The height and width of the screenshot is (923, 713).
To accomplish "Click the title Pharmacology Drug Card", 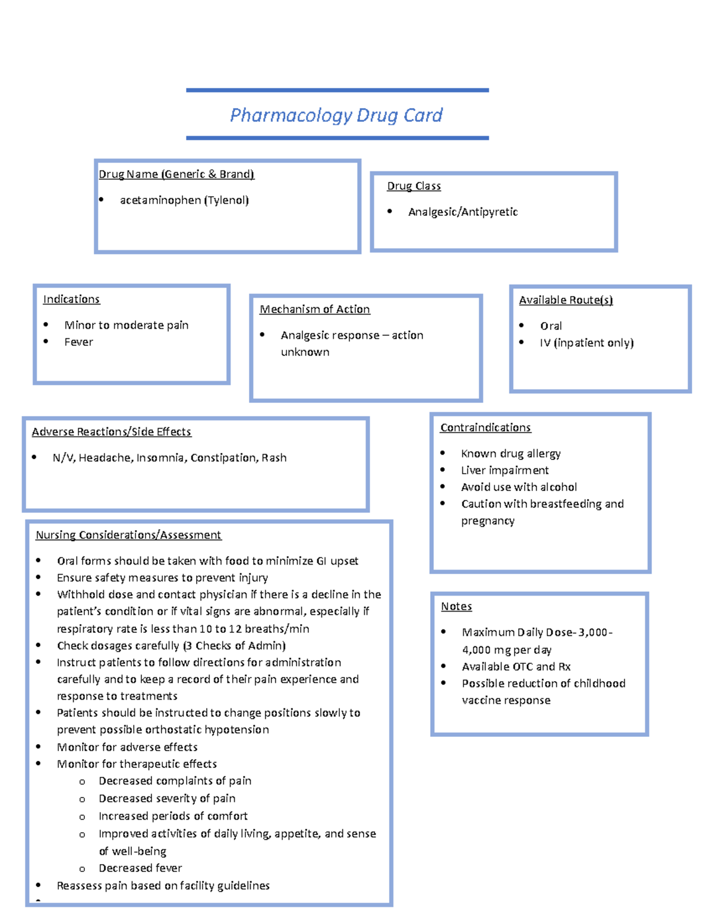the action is (x=336, y=115).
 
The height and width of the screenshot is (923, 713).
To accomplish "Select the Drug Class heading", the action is (x=414, y=186).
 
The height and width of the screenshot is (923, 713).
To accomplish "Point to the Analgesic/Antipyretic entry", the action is (x=463, y=212).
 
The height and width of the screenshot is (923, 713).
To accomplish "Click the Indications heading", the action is (x=71, y=300).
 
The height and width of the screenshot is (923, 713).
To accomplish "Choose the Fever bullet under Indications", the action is (x=78, y=342).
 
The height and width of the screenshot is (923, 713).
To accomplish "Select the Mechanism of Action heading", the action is (x=314, y=310).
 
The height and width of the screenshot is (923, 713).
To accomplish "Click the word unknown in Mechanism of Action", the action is (x=305, y=352).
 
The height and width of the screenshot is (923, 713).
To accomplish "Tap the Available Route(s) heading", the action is (x=566, y=300).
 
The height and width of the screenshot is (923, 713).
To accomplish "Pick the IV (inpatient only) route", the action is (x=586, y=343).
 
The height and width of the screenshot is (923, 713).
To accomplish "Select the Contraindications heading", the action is (x=485, y=428).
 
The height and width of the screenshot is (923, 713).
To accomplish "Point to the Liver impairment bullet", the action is (x=504, y=470).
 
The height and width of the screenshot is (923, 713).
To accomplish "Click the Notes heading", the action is (x=456, y=607).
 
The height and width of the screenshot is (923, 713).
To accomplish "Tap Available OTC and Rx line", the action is (x=516, y=667).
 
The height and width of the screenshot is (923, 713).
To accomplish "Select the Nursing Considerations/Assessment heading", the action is (x=128, y=535).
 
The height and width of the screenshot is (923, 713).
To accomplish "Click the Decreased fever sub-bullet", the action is (x=140, y=868).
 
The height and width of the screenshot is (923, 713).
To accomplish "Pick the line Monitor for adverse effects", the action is (x=127, y=747).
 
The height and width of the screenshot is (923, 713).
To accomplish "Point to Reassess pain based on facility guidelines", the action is (x=163, y=886).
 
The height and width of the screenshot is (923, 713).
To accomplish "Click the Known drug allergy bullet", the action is (x=510, y=453).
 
